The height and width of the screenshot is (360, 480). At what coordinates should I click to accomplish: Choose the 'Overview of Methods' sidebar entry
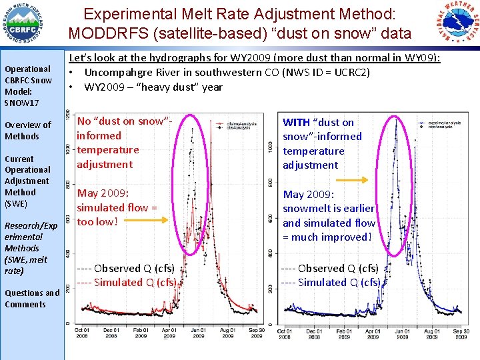(27, 131)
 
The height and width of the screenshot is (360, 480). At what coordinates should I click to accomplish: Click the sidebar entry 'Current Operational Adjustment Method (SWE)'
(27, 181)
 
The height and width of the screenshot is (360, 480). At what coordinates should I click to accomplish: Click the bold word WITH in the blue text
(296, 122)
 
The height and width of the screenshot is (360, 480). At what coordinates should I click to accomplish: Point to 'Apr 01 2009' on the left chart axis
(169, 333)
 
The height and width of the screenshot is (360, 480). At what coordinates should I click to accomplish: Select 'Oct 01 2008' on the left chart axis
(82, 333)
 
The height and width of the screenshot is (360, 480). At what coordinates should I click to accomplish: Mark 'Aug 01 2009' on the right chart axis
(432, 333)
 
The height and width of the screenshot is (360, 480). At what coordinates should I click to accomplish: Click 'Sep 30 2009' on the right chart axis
(461, 333)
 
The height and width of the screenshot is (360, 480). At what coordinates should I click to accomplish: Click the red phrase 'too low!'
(97, 222)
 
